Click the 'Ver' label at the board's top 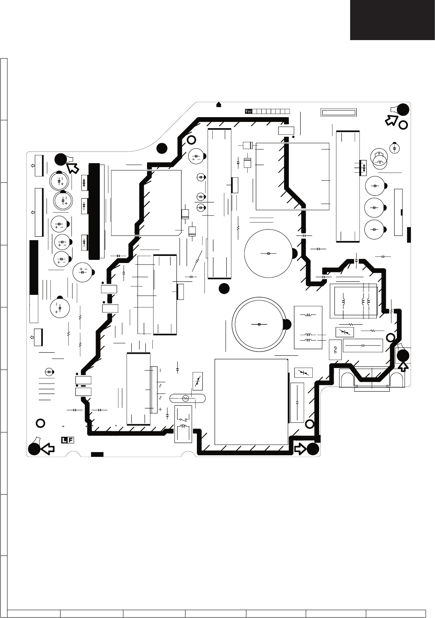click(x=248, y=112)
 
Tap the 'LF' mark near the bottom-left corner click(x=68, y=440)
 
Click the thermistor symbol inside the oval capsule click(x=185, y=398)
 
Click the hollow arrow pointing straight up click(x=404, y=367)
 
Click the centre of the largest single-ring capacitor click(x=268, y=254)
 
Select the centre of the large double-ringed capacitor click(x=259, y=324)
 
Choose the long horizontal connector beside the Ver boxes click(x=339, y=112)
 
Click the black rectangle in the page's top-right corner click(x=393, y=20)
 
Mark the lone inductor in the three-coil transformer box click(x=343, y=302)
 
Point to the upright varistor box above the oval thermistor click(x=198, y=381)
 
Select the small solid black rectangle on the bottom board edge click(x=97, y=454)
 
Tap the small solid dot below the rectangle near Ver click(x=293, y=137)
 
